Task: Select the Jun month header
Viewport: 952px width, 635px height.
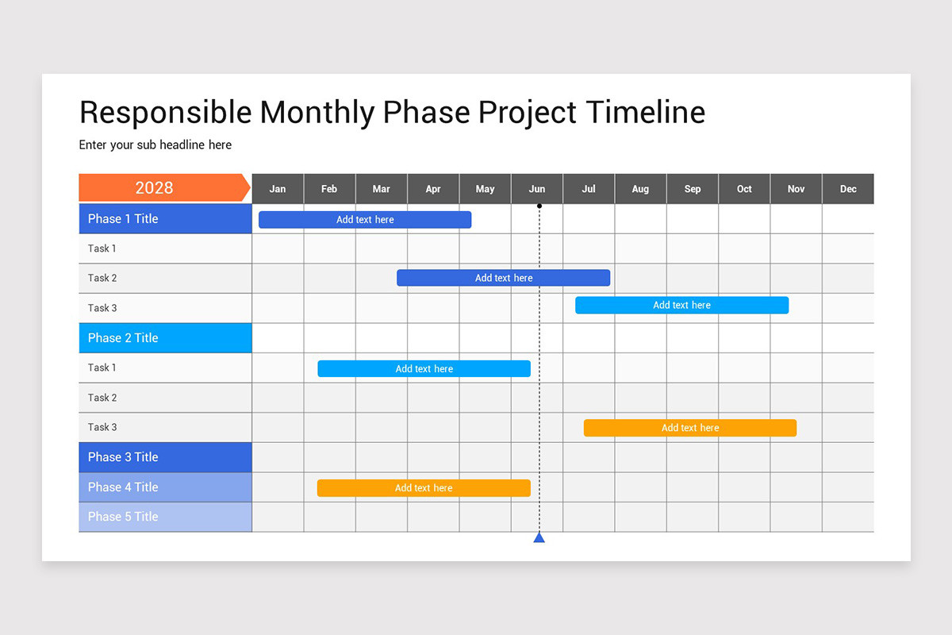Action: [537, 189]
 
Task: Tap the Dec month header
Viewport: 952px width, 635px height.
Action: [848, 189]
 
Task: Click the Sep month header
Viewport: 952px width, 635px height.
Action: [693, 189]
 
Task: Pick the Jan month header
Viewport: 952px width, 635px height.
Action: [278, 189]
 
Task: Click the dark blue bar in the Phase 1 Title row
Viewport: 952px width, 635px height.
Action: [365, 220]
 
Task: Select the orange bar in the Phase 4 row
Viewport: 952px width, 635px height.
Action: [424, 488]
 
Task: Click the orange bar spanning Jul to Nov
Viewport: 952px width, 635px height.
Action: [690, 428]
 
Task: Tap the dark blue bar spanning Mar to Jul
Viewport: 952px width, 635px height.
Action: [504, 278]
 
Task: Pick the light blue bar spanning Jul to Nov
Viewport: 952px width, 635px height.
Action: [681, 306]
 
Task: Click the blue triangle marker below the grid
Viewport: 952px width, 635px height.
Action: [539, 538]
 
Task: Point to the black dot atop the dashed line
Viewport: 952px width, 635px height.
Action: [539, 206]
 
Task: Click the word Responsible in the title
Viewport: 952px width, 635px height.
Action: [165, 113]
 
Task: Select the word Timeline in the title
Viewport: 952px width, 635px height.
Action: [645, 113]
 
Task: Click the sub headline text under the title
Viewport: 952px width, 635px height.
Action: [155, 145]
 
